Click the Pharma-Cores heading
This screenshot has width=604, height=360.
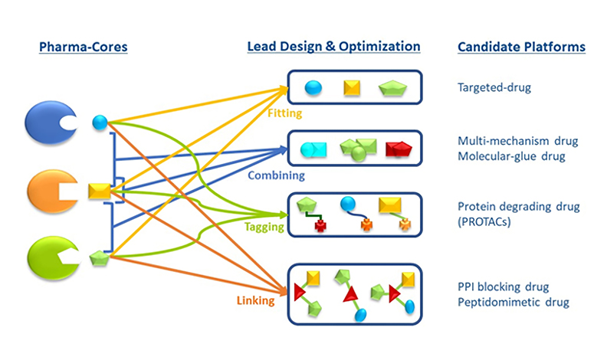(84, 47)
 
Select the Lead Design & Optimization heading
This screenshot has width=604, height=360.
(333, 46)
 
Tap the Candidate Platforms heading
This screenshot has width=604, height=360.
(521, 47)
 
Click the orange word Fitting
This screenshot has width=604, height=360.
(284, 113)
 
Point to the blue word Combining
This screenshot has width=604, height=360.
(276, 175)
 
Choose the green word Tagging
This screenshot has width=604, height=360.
(264, 227)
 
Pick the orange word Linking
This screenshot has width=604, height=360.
(256, 300)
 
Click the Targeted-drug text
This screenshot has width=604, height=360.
(494, 87)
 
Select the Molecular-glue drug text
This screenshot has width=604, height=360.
(511, 156)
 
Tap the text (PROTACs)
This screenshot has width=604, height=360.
(484, 222)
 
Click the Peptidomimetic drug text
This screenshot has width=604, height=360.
(513, 303)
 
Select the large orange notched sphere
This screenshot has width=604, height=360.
(53, 191)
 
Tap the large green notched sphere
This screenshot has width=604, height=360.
(54, 257)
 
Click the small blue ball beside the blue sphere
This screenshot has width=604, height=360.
(100, 123)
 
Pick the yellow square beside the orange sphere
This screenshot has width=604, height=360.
(100, 191)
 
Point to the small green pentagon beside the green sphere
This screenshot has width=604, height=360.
(99, 258)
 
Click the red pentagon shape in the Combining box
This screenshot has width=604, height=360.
(399, 149)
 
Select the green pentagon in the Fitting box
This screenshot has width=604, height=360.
(392, 88)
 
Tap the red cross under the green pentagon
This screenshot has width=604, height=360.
(320, 226)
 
